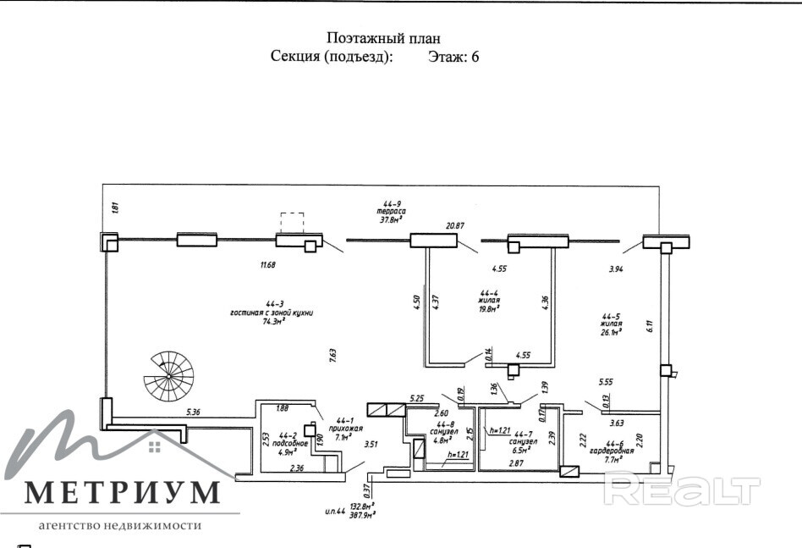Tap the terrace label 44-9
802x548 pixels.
392,204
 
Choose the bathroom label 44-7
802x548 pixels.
519,434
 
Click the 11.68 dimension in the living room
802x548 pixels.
268,265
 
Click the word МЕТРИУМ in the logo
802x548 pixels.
123,492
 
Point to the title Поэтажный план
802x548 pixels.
383,38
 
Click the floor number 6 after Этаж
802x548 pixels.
475,58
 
